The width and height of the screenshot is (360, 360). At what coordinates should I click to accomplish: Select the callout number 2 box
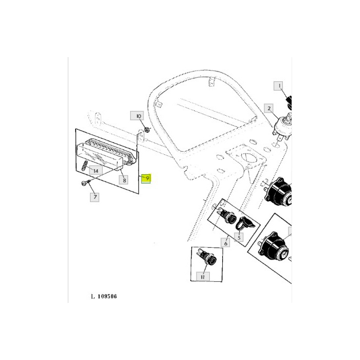[268, 108]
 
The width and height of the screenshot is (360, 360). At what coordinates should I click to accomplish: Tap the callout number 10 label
[138, 116]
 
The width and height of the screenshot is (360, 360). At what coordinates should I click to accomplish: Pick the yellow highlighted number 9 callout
[147, 178]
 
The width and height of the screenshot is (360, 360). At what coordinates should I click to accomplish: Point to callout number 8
[124, 180]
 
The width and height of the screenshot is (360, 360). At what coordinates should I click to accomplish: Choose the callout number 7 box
[94, 196]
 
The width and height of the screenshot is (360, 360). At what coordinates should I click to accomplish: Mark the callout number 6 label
[225, 242]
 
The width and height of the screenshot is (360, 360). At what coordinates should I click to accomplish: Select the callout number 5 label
[239, 238]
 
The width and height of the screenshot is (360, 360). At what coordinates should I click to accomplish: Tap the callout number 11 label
[202, 277]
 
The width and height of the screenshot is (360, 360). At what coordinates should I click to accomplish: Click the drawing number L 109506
[104, 296]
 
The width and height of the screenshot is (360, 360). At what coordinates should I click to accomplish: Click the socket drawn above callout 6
[226, 216]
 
